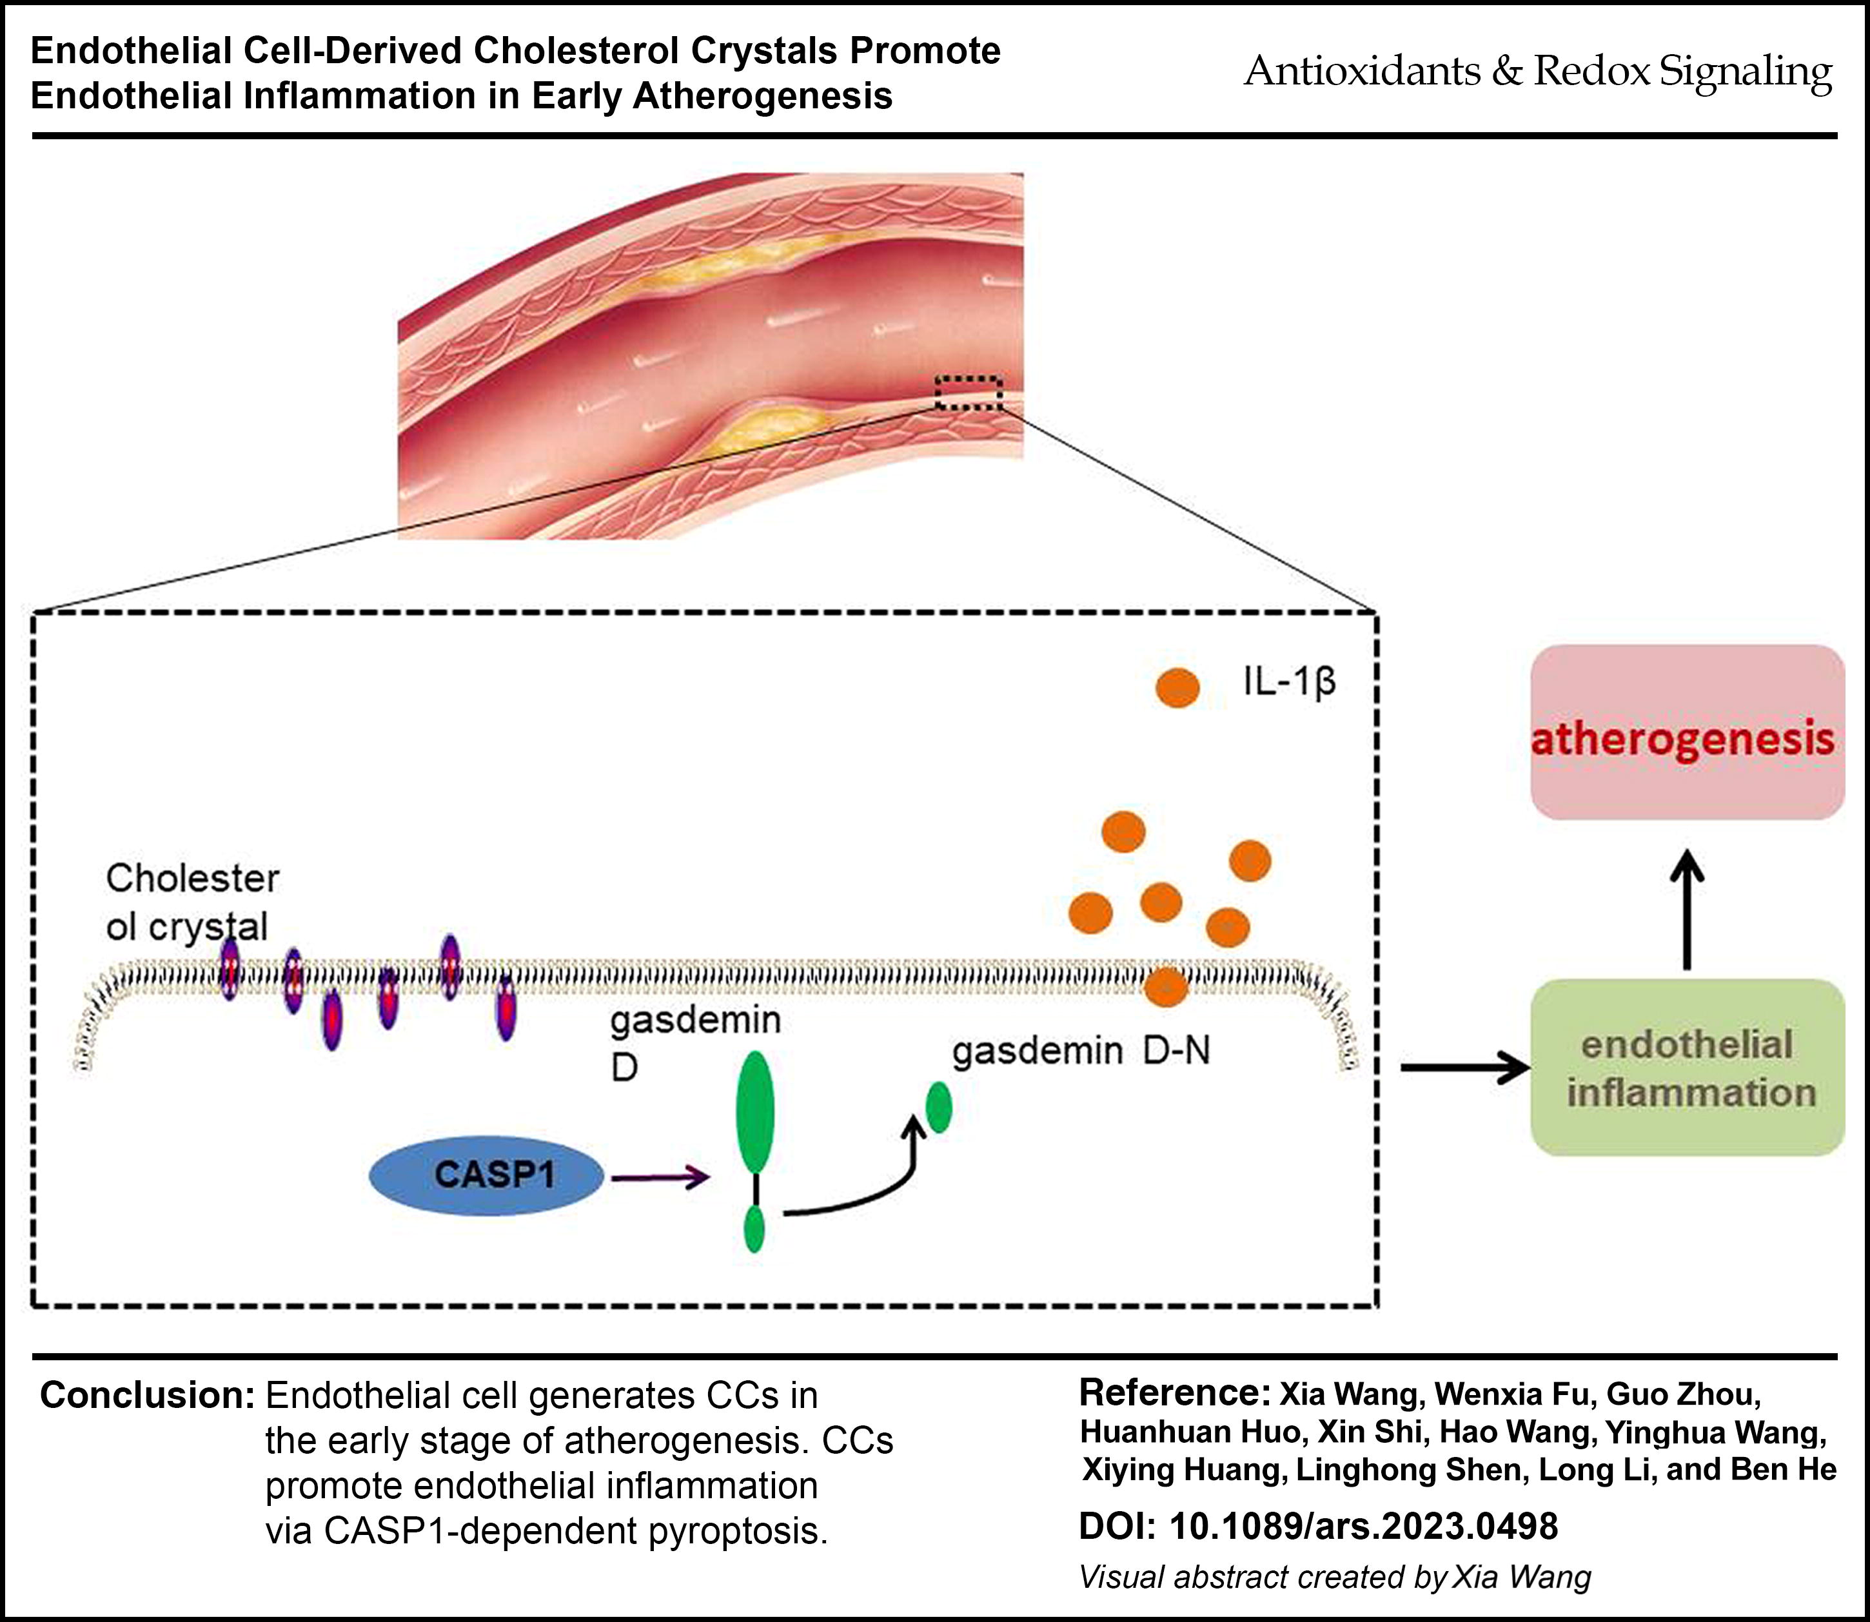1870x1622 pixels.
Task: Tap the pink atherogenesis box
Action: point(1687,732)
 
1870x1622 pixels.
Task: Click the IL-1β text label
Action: point(1289,683)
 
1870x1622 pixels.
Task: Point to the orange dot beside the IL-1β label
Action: point(1177,688)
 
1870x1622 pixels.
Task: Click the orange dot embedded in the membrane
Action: point(1166,986)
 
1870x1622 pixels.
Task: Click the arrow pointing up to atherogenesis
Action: point(1686,910)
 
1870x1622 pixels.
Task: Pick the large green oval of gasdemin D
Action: point(756,1111)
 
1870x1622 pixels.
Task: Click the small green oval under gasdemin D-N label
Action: point(939,1106)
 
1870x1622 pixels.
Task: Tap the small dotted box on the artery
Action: point(969,392)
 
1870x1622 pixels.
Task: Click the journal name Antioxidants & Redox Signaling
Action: point(1538,72)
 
